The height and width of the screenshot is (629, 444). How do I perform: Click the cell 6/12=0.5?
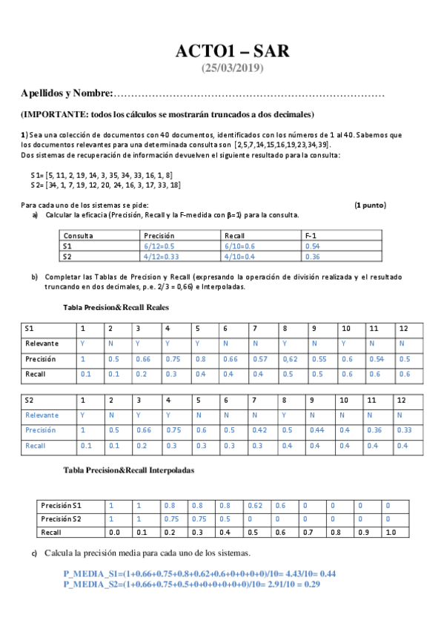[x=159, y=246]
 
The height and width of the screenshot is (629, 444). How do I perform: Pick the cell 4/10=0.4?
[x=241, y=257]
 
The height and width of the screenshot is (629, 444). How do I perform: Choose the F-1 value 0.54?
[x=312, y=246]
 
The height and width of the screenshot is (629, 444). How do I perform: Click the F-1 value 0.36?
[x=312, y=257]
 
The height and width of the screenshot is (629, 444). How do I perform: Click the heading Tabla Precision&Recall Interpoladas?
[x=130, y=470]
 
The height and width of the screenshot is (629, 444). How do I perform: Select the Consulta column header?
[x=79, y=235]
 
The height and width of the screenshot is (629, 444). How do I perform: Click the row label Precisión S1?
[x=64, y=505]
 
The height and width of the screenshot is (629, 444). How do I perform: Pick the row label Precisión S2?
[x=64, y=518]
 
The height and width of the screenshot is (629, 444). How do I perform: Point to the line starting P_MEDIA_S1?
[x=200, y=573]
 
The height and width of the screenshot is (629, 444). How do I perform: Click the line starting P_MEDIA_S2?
[x=191, y=584]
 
